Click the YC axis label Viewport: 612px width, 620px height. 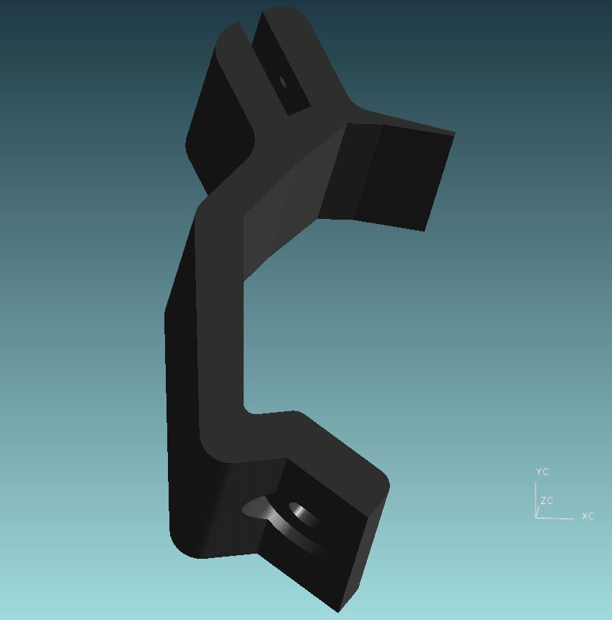(x=542, y=472)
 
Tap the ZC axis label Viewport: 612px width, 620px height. (x=546, y=500)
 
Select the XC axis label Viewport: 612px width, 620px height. (x=588, y=516)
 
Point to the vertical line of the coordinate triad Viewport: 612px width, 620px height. (x=536, y=500)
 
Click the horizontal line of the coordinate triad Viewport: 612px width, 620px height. (x=554, y=518)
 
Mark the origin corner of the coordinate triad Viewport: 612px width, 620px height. (x=536, y=518)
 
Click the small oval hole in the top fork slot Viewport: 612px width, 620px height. (x=283, y=83)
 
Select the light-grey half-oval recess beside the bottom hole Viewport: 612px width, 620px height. (x=257, y=508)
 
